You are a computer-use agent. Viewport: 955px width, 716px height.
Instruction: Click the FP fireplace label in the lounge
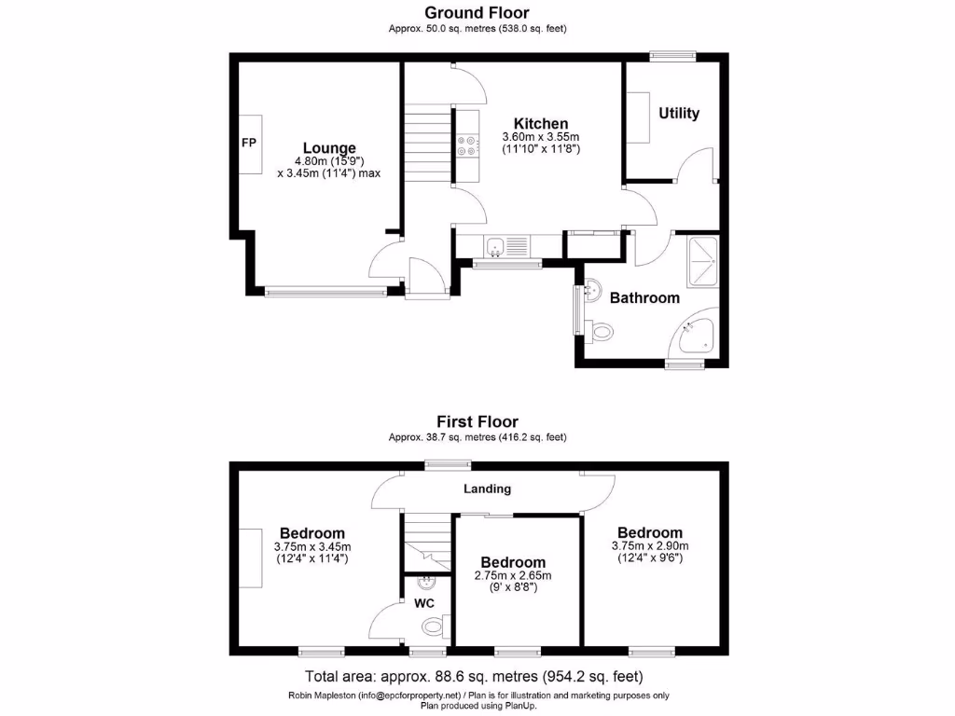coord(249,143)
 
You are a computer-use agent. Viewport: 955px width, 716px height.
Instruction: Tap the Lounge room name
coord(329,147)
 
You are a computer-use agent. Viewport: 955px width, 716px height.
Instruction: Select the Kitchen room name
coord(541,124)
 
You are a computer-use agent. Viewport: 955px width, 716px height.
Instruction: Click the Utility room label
coord(679,113)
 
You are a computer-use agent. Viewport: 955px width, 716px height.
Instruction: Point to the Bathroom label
coord(644,298)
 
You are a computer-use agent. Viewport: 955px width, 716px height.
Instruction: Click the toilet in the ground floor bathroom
coord(600,330)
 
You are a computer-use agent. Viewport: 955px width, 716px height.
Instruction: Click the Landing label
coord(488,489)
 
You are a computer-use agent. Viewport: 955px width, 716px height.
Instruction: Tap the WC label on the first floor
coord(424,603)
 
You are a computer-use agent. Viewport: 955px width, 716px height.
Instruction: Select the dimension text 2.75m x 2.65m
coord(513,575)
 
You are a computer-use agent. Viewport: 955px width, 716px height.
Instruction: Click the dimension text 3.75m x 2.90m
coord(650,545)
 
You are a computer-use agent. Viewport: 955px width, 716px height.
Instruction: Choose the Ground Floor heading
coord(477,13)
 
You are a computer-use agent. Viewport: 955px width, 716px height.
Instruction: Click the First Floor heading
coord(477,421)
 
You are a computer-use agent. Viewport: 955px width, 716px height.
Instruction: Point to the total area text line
coord(475,676)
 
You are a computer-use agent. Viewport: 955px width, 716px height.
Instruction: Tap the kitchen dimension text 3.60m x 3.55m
coord(541,136)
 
